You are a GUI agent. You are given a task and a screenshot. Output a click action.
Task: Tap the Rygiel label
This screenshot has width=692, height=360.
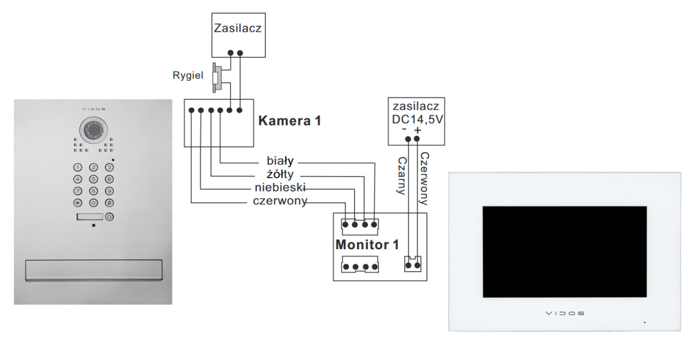(x=188, y=75)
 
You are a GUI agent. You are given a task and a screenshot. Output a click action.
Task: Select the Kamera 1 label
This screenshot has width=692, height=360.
(x=289, y=121)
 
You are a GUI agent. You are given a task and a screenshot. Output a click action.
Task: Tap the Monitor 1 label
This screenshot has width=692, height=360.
(x=367, y=245)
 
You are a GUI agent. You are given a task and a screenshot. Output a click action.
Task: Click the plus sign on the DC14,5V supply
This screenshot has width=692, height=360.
(x=418, y=130)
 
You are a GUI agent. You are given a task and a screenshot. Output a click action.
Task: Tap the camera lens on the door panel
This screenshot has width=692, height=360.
(x=92, y=130)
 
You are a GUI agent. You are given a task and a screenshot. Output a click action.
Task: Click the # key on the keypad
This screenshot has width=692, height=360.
(x=109, y=203)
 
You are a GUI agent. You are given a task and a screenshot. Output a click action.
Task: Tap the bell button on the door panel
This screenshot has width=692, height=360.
(x=110, y=217)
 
